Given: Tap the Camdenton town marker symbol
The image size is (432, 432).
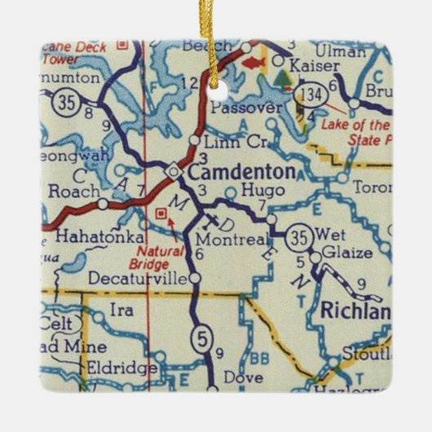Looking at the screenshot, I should (x=173, y=172).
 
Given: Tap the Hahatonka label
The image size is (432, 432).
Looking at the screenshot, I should (x=88, y=235).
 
